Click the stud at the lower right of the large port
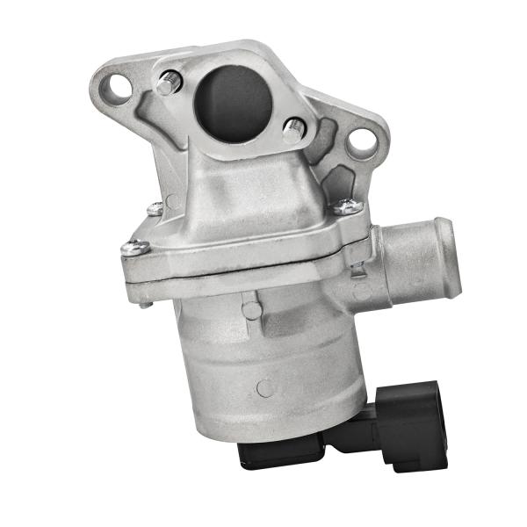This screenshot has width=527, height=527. click(293, 130)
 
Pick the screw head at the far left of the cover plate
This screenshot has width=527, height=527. click(134, 248)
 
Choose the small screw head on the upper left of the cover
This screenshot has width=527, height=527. click(155, 209)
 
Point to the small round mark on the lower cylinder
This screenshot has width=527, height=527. click(264, 387)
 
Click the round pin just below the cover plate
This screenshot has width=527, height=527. click(252, 310)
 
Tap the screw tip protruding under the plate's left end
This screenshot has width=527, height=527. click(145, 303)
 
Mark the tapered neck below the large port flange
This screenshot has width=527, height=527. click(237, 176)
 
